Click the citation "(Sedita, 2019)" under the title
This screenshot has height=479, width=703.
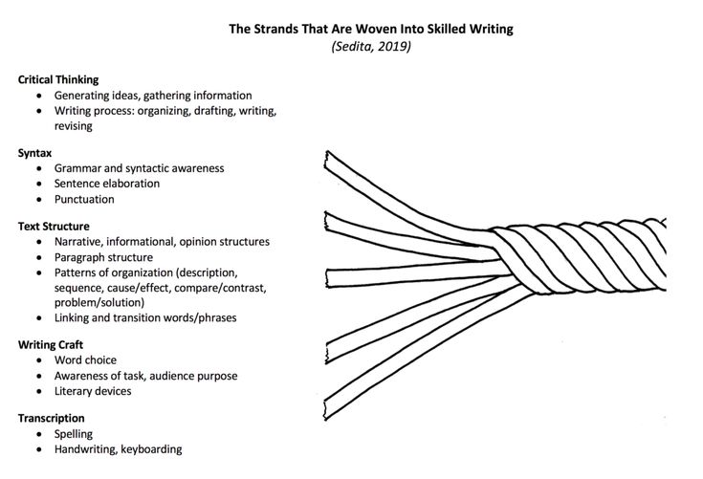370,46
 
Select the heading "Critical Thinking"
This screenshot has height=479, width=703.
58,80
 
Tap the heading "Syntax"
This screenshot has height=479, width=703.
34,153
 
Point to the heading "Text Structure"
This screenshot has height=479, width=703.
54,227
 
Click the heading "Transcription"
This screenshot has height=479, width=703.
51,418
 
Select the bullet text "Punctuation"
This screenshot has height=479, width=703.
84,200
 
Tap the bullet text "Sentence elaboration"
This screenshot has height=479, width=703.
107,184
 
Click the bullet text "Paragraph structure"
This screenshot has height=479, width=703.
103,257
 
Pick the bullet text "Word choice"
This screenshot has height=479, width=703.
85,360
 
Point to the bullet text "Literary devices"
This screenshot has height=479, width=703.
93,391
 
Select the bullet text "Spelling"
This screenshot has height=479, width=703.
74,434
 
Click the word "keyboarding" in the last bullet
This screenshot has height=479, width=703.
151,449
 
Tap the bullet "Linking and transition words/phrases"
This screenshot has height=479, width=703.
144,317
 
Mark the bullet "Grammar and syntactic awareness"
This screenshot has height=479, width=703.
139,168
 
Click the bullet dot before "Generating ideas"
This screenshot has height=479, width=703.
38,97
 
